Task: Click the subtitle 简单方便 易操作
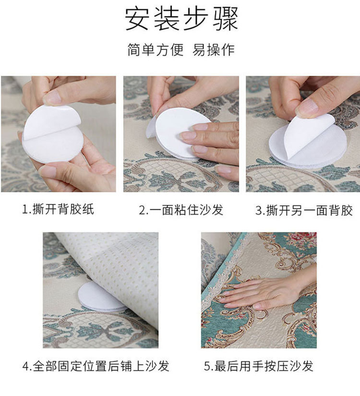(181, 49)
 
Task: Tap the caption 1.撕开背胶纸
(59, 210)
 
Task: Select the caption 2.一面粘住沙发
(181, 210)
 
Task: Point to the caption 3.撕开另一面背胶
(304, 210)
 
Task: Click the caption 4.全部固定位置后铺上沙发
(96, 366)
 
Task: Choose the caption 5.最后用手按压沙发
(259, 366)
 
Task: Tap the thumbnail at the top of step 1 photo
(53, 98)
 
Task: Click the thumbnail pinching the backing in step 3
(306, 108)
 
